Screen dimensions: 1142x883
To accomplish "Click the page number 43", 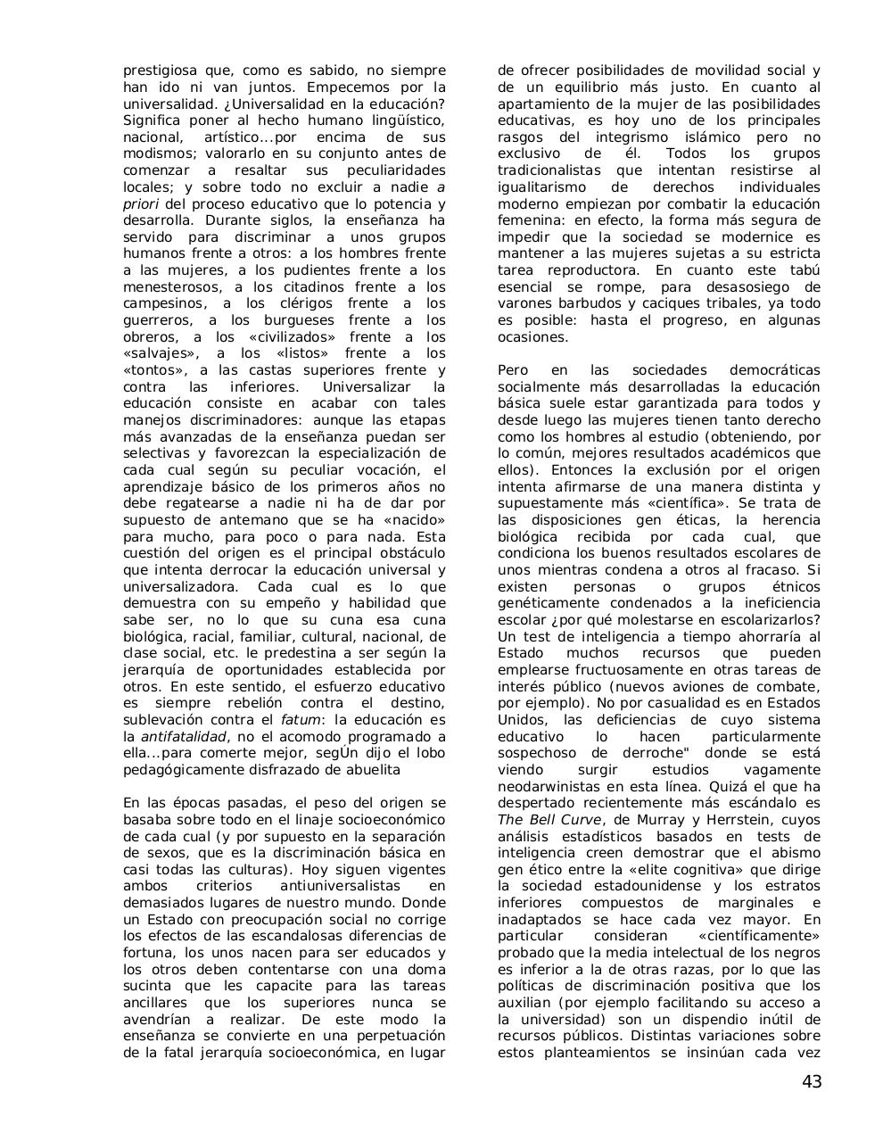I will point(812,1082).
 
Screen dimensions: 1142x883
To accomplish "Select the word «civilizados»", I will point(290,336).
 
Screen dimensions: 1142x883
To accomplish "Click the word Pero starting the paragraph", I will point(514,370).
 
